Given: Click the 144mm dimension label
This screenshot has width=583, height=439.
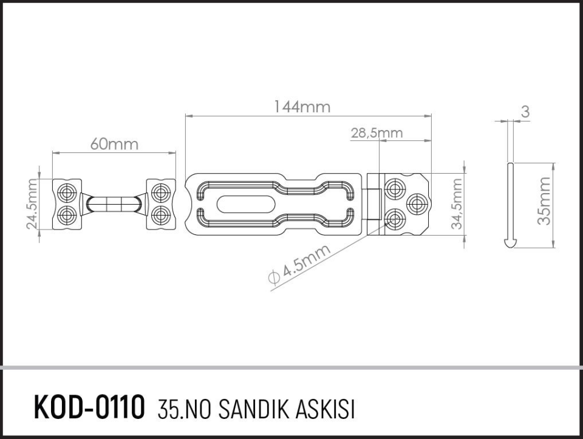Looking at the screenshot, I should point(302,107).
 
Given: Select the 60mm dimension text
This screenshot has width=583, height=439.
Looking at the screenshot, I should point(114,144).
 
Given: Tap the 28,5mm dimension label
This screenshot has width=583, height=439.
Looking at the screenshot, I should point(377,133).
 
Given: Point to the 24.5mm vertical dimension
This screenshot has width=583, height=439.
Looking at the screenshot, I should point(32,204).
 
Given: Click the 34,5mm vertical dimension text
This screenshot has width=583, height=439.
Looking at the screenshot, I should point(457,203).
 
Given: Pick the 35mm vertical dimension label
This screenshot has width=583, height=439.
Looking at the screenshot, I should point(544,201).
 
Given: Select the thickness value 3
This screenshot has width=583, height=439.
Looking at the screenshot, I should point(525,112).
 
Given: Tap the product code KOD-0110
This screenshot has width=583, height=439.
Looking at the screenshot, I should point(89,406).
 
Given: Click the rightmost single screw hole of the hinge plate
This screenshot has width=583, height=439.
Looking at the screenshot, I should point(417,202).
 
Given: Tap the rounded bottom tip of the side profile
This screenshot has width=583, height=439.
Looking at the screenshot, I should point(511,243).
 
